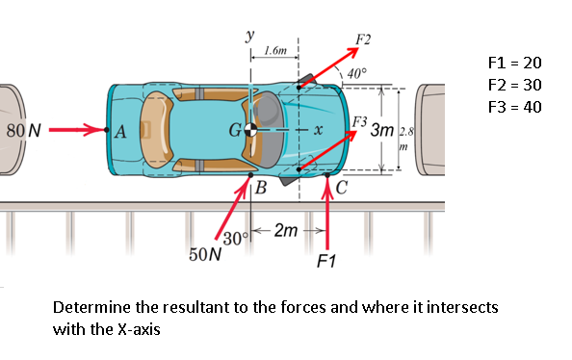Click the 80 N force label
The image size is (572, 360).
pos(24,131)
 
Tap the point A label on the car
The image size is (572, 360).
pos(120,132)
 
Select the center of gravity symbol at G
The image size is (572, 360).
pos(250,130)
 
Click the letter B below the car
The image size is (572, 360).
pos(261,188)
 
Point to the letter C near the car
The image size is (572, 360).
pos(342,188)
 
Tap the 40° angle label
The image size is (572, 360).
pos(356,74)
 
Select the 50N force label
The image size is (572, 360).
pos(205,254)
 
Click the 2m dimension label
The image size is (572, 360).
pos(286,230)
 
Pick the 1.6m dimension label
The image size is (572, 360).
pos(275,50)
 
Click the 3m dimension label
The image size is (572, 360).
pos(382,130)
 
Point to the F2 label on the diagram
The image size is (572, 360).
pos(363,39)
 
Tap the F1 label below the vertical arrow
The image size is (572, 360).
pos(326,261)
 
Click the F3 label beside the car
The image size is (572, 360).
pos(359,121)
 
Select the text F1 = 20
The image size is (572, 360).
pos(515,64)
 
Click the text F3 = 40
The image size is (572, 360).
pos(515,107)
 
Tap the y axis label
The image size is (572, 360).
pos(249,36)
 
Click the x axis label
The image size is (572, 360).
pos(319,130)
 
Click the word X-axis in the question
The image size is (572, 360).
pos(139,329)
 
